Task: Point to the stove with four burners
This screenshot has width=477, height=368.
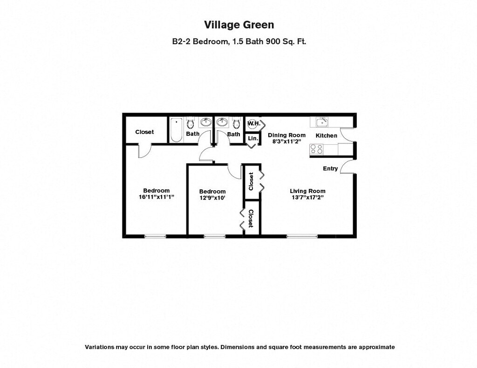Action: pos(317,149)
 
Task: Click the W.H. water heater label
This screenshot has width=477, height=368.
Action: pos(253,124)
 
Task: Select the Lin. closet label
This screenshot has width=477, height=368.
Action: pos(253,138)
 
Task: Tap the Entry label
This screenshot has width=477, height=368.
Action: pos(330,168)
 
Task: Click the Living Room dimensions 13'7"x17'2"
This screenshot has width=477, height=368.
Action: pos(307,197)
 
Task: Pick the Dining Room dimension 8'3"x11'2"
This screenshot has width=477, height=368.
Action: pos(286,141)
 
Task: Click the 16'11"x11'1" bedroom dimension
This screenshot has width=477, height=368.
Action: pos(156,197)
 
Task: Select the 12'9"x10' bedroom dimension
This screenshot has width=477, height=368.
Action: pos(212,198)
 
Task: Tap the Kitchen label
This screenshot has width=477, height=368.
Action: pos(327,135)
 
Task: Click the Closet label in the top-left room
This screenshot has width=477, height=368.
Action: pos(144,132)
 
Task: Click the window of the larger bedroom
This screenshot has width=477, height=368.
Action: pos(155,236)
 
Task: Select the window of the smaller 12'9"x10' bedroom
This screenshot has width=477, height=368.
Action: pos(214,236)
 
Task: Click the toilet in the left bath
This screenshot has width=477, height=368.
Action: pos(191,124)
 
